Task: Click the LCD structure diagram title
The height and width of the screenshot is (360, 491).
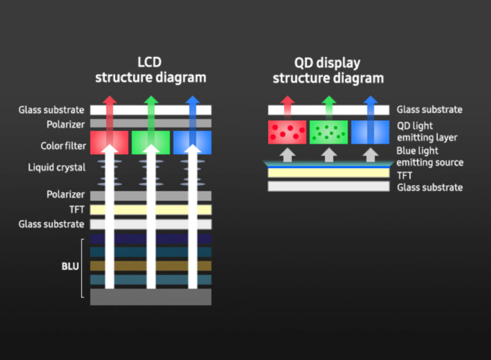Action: click(x=150, y=70)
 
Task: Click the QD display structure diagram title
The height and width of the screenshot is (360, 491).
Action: click(x=328, y=70)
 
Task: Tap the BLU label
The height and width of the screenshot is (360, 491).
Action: click(x=70, y=266)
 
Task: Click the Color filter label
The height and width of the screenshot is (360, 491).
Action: click(x=62, y=146)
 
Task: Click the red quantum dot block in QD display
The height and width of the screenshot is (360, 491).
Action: click(x=287, y=132)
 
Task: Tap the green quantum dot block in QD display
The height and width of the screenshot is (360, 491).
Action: click(x=329, y=132)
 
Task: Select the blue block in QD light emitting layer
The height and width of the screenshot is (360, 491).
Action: click(x=370, y=132)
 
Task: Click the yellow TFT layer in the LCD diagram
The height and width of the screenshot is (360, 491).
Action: click(x=150, y=210)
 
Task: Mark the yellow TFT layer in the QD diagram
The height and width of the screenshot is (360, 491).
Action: click(x=328, y=173)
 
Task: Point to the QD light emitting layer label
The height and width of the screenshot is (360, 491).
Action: click(x=427, y=132)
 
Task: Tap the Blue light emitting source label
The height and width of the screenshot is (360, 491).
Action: click(x=429, y=157)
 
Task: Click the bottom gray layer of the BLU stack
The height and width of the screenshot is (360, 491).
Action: click(x=150, y=297)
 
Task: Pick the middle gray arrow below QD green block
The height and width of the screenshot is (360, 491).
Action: click(x=329, y=154)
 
